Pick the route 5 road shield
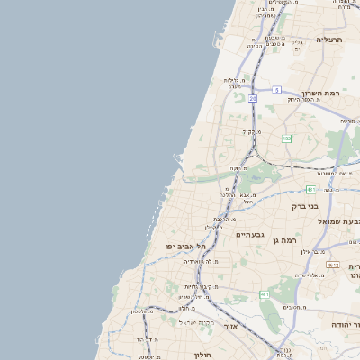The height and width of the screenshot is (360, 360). click(x=277, y=89)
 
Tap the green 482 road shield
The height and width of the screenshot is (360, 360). click(x=286, y=139)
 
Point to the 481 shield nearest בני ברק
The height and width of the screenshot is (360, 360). click(x=309, y=189)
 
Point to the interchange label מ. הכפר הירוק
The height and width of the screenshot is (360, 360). click(x=301, y=99)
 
